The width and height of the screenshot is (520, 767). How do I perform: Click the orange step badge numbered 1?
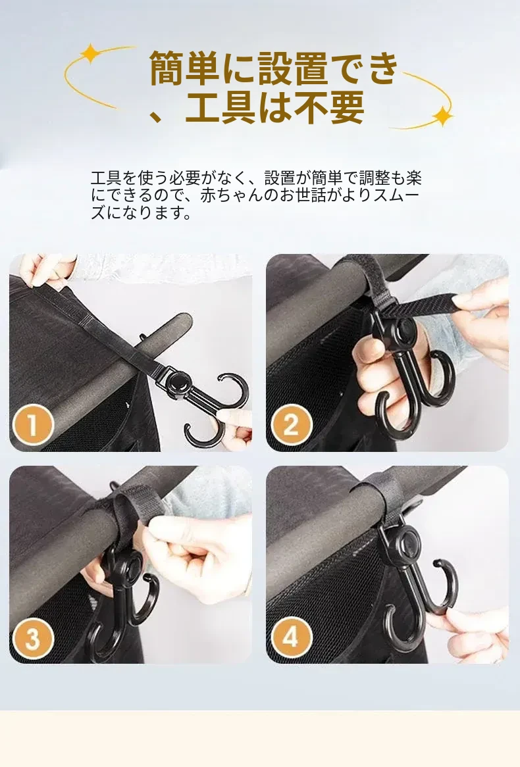point(32,424)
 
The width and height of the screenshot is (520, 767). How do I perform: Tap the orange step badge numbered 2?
point(291,424)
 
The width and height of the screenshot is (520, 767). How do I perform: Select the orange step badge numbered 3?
point(32,638)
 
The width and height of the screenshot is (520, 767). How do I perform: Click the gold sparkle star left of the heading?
point(91,53)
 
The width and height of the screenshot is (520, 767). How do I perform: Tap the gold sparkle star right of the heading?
point(442,116)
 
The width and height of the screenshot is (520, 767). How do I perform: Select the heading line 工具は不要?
point(274,108)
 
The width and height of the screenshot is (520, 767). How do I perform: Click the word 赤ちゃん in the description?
point(232,195)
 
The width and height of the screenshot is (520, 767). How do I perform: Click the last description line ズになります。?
point(141,212)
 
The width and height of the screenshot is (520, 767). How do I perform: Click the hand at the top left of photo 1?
point(47,269)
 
